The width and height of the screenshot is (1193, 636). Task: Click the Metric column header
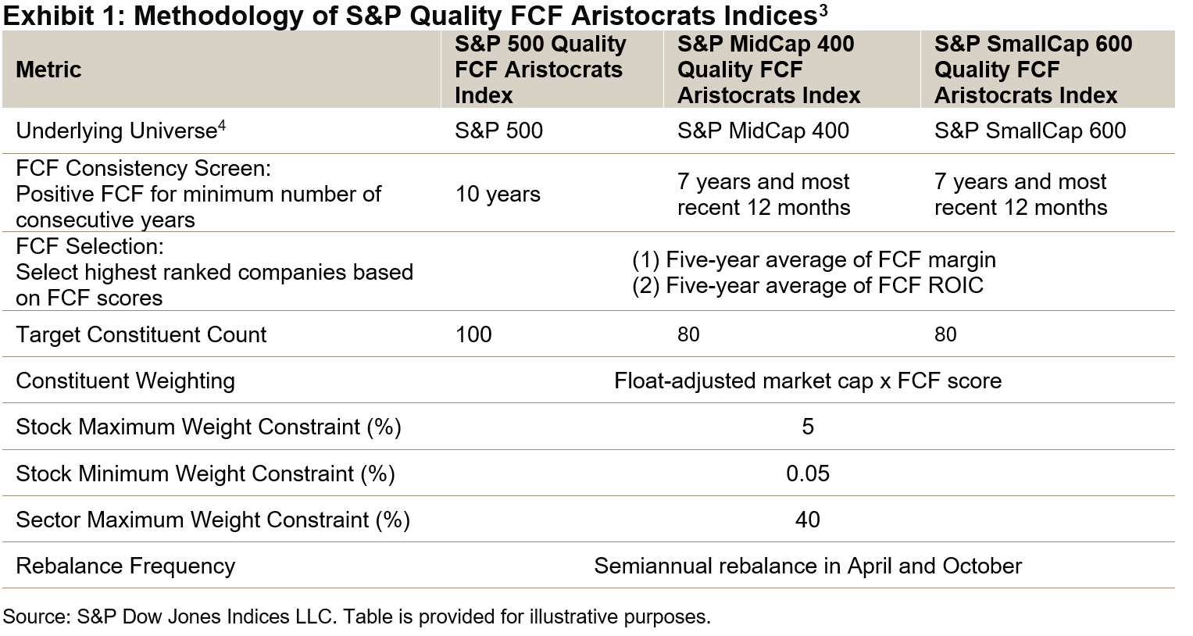pos(48,70)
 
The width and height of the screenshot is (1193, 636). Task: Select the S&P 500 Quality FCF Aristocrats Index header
pos(540,70)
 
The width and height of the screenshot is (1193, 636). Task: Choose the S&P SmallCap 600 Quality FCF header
pos(1032,70)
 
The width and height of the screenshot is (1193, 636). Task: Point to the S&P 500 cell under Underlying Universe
pos(498,130)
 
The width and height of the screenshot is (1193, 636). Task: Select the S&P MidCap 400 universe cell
pos(763,130)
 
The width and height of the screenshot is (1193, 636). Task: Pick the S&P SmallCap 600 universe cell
pos(1030,130)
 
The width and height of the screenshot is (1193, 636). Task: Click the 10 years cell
pos(498,194)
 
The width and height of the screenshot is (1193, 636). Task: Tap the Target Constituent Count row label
pos(141,334)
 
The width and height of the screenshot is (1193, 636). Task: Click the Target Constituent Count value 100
pos(473,334)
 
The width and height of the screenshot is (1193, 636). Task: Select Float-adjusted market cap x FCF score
pos(807,381)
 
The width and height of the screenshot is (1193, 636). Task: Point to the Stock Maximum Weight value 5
pos(808,427)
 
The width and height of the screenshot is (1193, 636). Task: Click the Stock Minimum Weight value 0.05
pos(808,473)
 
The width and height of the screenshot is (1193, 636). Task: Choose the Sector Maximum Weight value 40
pos(808,520)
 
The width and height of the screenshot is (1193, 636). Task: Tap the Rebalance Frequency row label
pos(125,566)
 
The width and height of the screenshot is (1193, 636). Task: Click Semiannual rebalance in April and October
pos(807,566)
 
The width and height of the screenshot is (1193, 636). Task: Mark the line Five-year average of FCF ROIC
pos(807,286)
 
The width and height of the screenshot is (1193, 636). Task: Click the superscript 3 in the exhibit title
pos(823,9)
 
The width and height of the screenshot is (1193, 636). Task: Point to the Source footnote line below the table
pos(356,616)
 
